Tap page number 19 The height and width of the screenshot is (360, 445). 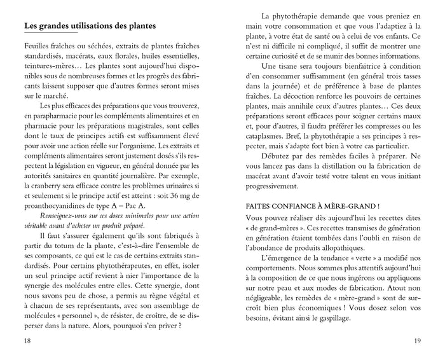coord(417,340)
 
